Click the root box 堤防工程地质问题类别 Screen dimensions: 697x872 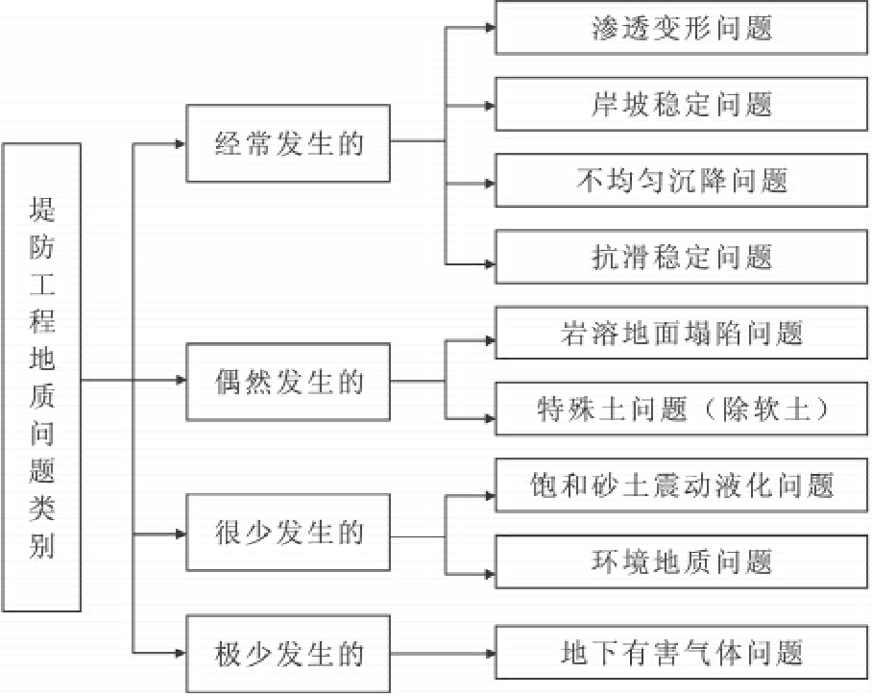point(41,377)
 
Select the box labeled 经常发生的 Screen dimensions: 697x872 point(288,145)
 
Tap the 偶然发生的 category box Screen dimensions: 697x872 point(288,382)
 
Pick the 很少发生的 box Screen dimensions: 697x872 point(288,533)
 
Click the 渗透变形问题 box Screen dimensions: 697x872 point(682,26)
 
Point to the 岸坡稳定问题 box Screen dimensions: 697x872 point(682,103)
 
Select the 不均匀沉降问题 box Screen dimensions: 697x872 point(682,180)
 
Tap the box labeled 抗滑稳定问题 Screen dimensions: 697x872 point(682,257)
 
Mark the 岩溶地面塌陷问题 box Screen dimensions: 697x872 point(682,333)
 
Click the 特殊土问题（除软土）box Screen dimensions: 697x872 point(682,410)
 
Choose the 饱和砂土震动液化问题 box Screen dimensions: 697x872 point(682,485)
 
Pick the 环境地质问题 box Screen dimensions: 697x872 point(682,560)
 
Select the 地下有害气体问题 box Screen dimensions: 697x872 point(682,655)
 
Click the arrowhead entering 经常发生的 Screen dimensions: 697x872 point(181,145)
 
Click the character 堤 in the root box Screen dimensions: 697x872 point(41,208)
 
